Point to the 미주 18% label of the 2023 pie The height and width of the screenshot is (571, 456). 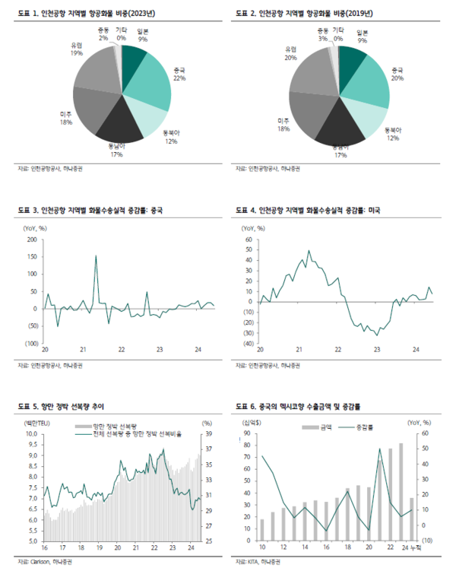pyautogui.click(x=66, y=118)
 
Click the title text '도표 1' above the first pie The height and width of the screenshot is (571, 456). pyautogui.click(x=27, y=14)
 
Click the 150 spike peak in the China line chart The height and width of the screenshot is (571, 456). pyautogui.click(x=96, y=256)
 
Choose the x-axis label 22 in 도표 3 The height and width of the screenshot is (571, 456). pyautogui.click(x=122, y=351)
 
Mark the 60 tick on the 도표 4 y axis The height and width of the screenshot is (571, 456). pyautogui.click(x=248, y=239)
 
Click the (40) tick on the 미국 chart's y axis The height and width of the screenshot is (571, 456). pyautogui.click(x=246, y=344)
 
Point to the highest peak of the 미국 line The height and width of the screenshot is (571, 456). pyautogui.click(x=309, y=251)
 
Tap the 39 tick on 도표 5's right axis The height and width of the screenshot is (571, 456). pyautogui.click(x=207, y=434)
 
